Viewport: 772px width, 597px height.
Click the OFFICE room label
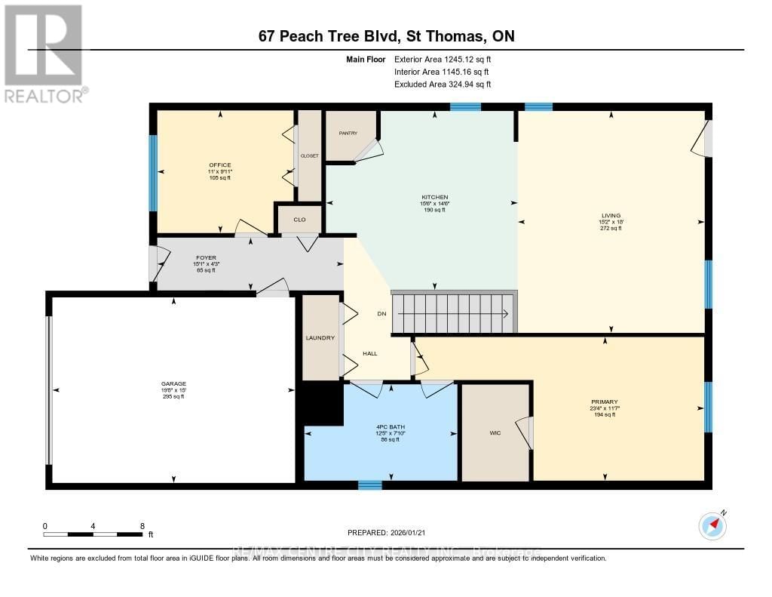tap(220, 165)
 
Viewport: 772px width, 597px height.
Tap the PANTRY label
tap(348, 133)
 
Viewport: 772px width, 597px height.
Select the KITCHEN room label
tap(434, 197)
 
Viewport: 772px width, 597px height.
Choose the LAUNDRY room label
tap(320, 337)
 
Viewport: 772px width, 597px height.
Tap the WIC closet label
tap(495, 433)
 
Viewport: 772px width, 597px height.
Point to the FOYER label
tap(206, 257)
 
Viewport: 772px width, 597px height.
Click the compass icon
tap(712, 525)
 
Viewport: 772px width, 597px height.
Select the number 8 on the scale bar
tap(142, 525)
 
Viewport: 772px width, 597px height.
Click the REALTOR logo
tap(44, 53)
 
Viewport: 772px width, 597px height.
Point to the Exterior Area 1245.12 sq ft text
tap(444, 59)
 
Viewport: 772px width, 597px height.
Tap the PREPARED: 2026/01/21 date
tap(386, 532)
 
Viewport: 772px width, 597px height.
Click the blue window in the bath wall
tap(369, 485)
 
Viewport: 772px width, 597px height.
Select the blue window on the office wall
tap(153, 173)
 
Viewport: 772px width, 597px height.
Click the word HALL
tap(369, 353)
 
